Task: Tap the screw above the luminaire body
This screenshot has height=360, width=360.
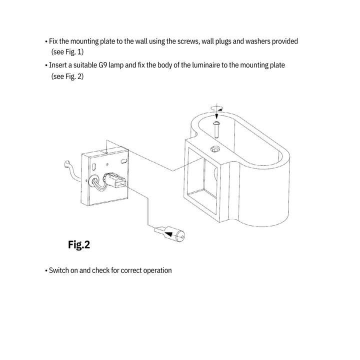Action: coord(218,127)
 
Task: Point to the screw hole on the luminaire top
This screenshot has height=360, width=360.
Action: coord(215,148)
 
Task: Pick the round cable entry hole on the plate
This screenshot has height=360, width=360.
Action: coord(94,183)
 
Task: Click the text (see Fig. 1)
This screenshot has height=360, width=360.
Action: coord(67,51)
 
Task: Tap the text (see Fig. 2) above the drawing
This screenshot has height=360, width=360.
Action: coord(67,76)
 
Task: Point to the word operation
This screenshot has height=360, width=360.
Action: coord(156,270)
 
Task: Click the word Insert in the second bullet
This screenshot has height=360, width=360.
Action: coord(58,65)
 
